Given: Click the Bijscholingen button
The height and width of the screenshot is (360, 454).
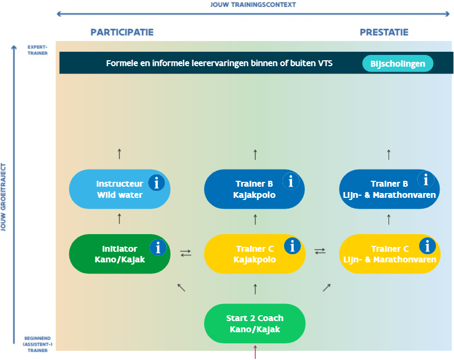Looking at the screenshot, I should (398, 63).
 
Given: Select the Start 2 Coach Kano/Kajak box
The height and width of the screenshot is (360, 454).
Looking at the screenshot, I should (255, 324).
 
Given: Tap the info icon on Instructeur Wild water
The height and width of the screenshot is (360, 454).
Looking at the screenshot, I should (156, 182).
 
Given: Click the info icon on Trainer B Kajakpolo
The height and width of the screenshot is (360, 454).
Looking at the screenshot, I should (290, 182).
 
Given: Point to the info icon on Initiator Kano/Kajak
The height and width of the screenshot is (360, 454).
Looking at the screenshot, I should (158, 247).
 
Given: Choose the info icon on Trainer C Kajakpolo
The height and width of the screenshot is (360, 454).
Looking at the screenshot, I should (292, 246).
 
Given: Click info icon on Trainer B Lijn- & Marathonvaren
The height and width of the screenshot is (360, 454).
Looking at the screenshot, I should (425, 180).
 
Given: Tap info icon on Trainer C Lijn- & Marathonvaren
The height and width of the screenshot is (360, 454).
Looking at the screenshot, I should (427, 246).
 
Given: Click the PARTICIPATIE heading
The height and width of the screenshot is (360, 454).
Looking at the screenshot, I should (122, 32).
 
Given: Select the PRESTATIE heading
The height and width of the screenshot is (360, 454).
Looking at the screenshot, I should (384, 32).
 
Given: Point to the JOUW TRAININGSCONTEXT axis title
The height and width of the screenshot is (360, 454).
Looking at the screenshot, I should (253, 5).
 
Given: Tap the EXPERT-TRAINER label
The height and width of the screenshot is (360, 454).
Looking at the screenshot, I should (38, 50).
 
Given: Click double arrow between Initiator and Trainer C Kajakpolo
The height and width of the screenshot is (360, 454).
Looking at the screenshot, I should (186, 253).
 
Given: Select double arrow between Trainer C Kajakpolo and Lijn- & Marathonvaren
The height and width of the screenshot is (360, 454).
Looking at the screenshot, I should (320, 251).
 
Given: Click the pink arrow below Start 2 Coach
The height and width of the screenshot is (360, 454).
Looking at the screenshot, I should (255, 353).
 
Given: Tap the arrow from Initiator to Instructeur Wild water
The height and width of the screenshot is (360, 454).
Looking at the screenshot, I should (119, 219).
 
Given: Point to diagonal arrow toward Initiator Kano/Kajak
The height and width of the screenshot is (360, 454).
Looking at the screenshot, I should (182, 287).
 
